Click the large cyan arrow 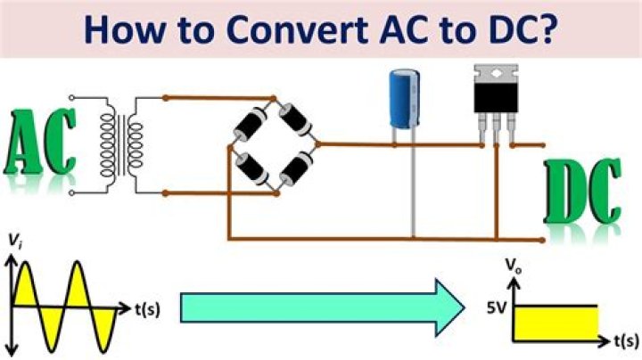[x=321, y=307]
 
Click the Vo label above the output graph [x=514, y=266]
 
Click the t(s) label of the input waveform [x=147, y=310]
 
